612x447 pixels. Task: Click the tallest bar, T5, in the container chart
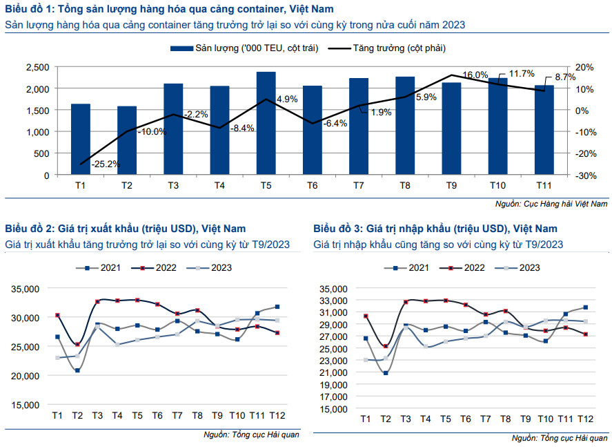[266, 124]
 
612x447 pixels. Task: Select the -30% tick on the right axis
[584, 175]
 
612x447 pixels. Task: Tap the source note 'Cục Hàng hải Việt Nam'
[551, 204]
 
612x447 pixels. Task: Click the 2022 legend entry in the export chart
[155, 267]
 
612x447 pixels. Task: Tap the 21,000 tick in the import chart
[333, 373]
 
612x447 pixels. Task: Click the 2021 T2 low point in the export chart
[77, 370]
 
